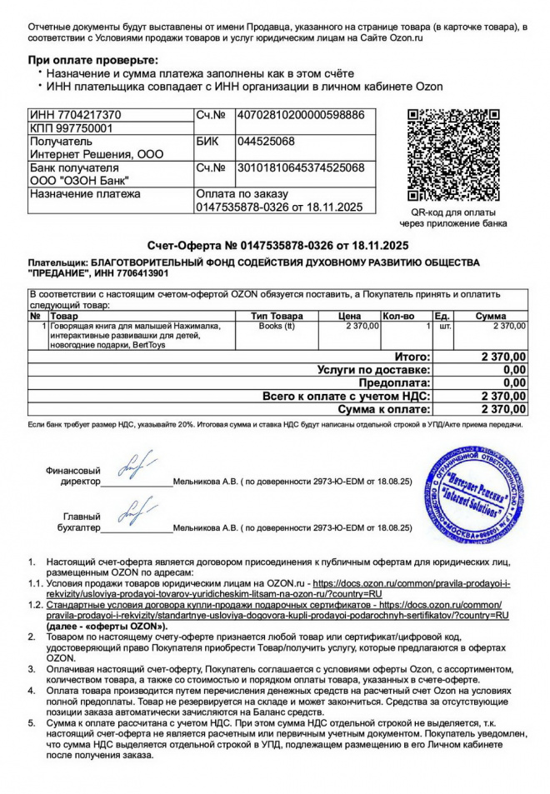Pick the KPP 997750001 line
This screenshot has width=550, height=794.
[70, 128]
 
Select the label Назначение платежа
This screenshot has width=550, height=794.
[85, 194]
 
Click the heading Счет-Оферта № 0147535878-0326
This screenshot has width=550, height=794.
[278, 246]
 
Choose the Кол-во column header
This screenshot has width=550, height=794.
[397, 317]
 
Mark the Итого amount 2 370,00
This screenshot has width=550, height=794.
[503, 356]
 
